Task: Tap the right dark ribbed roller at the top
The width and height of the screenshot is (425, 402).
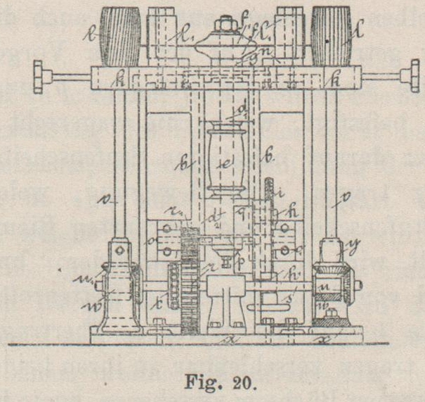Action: [x=331, y=36]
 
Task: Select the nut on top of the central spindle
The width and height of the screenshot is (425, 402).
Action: [x=225, y=27]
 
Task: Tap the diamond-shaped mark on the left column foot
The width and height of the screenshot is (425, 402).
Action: [x=122, y=251]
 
